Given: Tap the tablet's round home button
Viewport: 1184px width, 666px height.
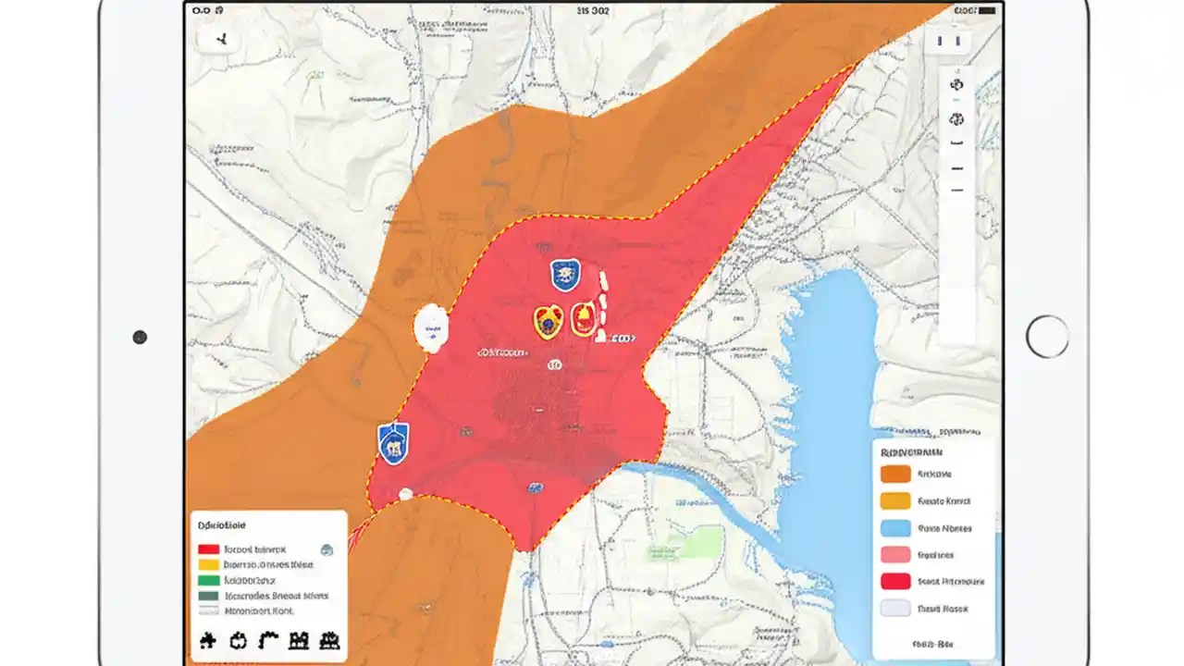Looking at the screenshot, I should (x=1047, y=336).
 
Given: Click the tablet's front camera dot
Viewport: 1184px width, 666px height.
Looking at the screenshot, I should (x=140, y=338).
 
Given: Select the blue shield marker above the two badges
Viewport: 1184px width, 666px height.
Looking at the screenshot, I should (x=564, y=275).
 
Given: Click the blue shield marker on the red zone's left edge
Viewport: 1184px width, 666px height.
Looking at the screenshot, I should (x=393, y=442).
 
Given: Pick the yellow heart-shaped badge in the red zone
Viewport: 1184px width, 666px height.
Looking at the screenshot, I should (x=548, y=321).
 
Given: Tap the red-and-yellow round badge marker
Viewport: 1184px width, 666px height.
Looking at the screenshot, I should (x=584, y=318).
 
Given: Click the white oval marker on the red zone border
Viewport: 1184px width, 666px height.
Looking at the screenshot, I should (x=431, y=328).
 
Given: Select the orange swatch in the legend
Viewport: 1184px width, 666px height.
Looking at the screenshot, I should (x=895, y=475).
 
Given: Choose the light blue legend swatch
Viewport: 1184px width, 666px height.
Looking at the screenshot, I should (x=895, y=528).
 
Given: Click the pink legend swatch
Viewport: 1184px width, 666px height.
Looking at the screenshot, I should (x=895, y=555).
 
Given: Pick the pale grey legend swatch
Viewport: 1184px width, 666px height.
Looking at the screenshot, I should (x=895, y=608).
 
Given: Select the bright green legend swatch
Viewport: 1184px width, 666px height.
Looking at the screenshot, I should (x=209, y=580).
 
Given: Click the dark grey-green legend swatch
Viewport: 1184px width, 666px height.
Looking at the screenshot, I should (x=209, y=596).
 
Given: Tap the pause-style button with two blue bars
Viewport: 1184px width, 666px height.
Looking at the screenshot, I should (x=948, y=42).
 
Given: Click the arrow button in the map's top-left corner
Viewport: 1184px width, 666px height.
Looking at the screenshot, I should (x=222, y=40).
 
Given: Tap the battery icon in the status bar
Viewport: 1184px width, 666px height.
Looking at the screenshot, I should (x=965, y=10).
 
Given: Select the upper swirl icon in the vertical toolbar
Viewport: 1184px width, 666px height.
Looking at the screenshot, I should (x=956, y=84).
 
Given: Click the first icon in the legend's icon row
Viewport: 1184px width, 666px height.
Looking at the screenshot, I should (x=207, y=640).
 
